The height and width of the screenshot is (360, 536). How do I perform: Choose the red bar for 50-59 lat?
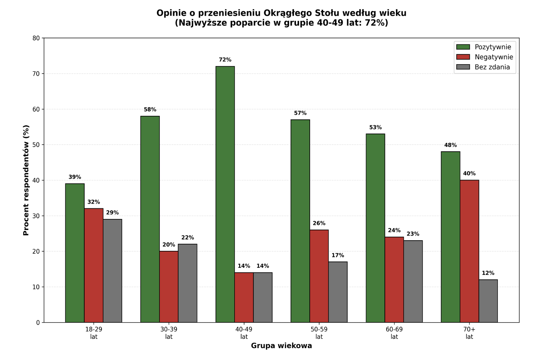[x=319, y=276]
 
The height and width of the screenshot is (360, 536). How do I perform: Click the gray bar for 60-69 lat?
[x=413, y=281]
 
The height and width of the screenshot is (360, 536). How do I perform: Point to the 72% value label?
[x=225, y=60]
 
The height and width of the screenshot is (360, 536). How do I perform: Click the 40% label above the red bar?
[x=469, y=174]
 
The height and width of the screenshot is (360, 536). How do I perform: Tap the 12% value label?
[x=488, y=273]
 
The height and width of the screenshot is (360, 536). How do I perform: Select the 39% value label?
[x=75, y=177]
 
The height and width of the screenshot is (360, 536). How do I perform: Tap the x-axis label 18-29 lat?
[x=94, y=333]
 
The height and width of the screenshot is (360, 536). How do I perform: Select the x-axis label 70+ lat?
[x=469, y=333]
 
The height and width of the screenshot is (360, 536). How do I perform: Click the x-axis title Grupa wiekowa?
[x=281, y=346]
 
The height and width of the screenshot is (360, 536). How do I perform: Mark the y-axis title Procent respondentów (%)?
[x=26, y=180]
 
